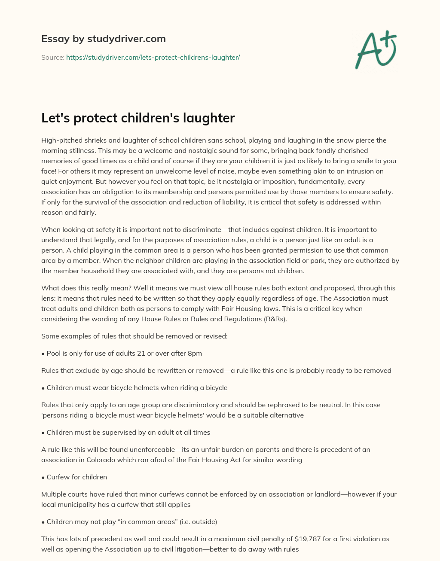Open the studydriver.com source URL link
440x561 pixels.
point(153,57)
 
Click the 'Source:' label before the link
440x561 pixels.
point(53,57)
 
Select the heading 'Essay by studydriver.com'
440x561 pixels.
point(104,39)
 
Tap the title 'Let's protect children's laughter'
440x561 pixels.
point(138,118)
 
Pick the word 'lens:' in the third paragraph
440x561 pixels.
point(49,299)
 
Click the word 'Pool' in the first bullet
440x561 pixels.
point(54,354)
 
